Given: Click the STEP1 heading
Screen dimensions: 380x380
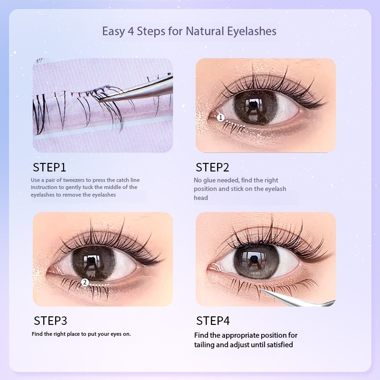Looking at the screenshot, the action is [x=49, y=168].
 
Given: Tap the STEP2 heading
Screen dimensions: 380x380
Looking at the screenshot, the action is [x=212, y=168].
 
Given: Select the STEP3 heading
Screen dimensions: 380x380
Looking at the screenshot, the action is [x=50, y=321].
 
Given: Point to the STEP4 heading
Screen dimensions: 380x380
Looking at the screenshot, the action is [x=213, y=321].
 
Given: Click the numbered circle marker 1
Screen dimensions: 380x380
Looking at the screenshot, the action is [x=220, y=118].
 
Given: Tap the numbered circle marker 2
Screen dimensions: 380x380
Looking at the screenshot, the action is [x=85, y=282].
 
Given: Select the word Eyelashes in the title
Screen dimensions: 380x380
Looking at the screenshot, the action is [x=252, y=32].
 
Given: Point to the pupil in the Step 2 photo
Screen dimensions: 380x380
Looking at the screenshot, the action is [x=254, y=104].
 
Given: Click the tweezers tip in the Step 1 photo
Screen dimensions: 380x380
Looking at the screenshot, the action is [x=99, y=102].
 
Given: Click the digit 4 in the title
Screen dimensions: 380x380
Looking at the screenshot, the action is [x=131, y=31].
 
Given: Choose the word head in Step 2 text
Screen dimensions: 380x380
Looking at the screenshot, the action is [x=200, y=198].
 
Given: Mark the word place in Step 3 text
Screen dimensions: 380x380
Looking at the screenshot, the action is [x=74, y=334].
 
